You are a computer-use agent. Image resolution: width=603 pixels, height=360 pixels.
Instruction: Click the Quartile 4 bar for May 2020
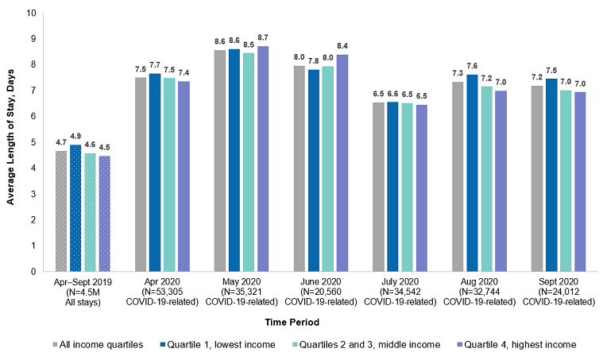263,159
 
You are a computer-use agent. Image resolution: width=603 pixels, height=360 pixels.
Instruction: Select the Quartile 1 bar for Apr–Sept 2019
76,208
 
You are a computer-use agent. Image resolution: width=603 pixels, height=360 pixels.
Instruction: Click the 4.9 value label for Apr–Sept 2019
76,136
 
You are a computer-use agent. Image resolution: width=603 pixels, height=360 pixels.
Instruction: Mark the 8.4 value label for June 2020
343,46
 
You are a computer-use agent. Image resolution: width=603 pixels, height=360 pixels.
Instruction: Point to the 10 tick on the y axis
30,14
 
